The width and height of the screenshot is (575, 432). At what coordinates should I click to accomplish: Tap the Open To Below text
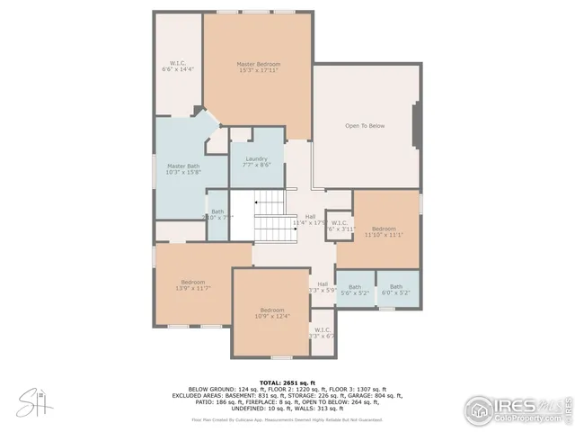365,125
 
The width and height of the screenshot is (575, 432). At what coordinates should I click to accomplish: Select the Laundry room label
256,161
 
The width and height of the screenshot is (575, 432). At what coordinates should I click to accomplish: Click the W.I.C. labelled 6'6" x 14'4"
177,65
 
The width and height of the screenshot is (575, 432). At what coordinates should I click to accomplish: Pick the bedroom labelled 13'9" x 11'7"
195,284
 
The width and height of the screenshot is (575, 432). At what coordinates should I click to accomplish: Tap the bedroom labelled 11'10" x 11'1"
384,231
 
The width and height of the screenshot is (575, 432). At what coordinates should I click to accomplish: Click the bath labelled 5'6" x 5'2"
355,290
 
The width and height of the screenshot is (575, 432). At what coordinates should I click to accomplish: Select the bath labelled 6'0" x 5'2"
396,290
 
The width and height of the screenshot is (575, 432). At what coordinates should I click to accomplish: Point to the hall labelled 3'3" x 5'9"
322,287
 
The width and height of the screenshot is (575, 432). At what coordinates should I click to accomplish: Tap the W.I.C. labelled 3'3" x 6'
322,333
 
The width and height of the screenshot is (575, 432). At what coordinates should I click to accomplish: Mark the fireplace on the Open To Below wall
416,125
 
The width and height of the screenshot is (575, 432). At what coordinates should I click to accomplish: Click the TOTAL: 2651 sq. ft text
287,382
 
